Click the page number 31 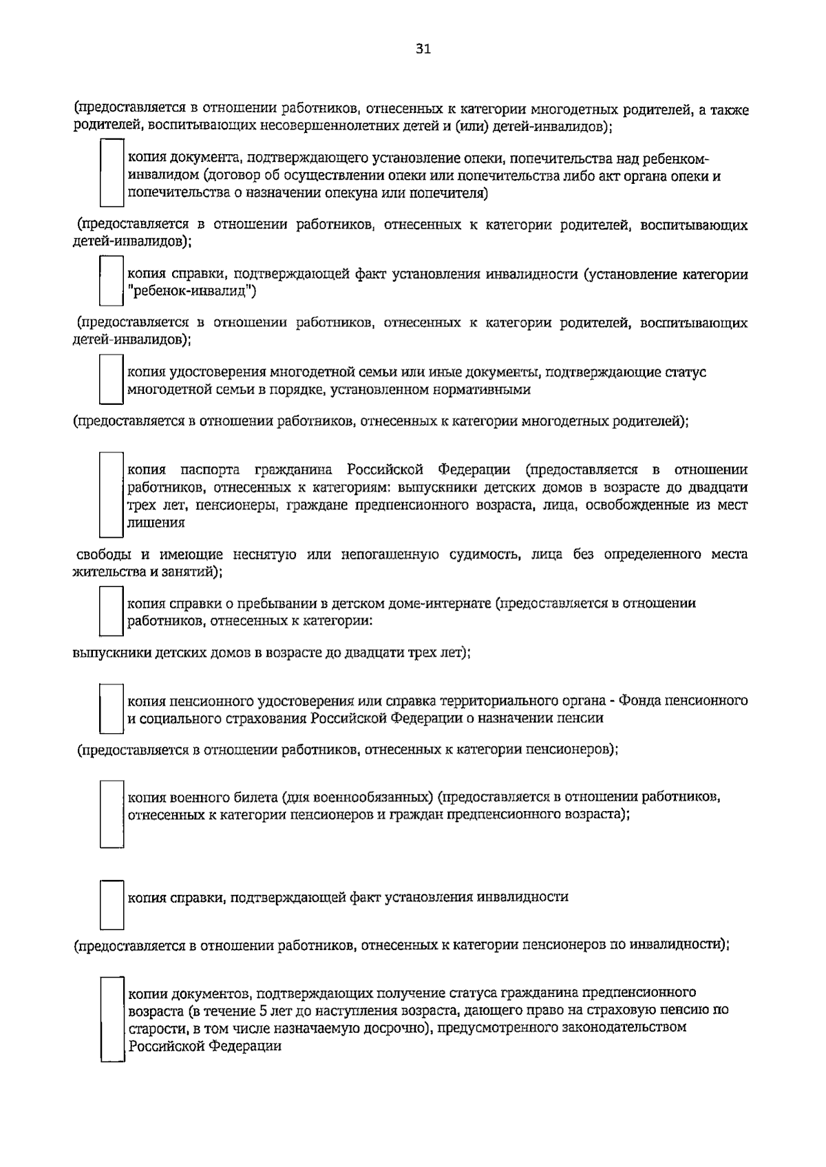(423, 48)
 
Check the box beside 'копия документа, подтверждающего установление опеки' (111, 173)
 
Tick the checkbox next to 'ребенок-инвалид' (111, 280)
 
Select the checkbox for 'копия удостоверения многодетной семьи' (111, 379)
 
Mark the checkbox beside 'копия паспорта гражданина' (111, 494)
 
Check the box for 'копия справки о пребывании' (111, 610)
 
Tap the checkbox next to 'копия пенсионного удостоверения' (111, 708)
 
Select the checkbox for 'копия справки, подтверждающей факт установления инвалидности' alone (112, 905)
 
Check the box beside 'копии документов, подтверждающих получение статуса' (112, 1019)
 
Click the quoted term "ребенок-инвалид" (192, 292)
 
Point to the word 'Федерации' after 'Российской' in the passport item (474, 470)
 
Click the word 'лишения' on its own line (156, 523)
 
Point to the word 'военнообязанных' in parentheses (372, 797)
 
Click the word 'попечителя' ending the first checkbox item (448, 193)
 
